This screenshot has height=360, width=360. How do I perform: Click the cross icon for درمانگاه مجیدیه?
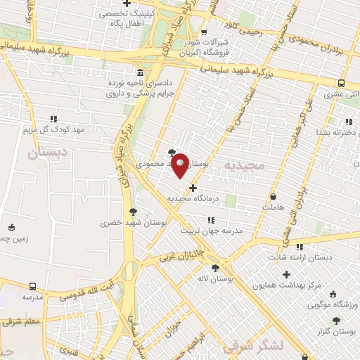193,187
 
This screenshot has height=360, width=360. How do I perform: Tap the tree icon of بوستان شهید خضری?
134,210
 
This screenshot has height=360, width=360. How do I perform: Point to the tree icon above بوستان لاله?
214,267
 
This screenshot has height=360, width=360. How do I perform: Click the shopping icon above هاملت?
273,197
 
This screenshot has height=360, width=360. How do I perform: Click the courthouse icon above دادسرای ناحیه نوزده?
141,74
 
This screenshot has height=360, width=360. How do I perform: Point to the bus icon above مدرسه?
33,286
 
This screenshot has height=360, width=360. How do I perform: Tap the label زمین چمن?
8,238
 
